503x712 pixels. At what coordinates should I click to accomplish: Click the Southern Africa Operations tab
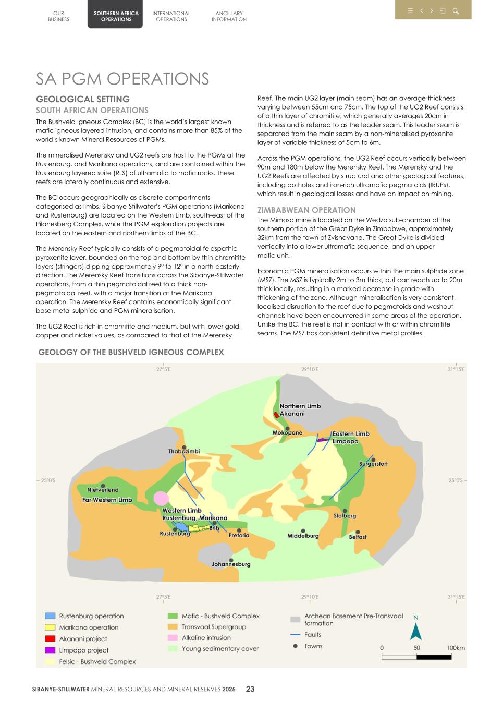coord(116,16)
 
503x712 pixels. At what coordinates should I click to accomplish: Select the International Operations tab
coord(171,16)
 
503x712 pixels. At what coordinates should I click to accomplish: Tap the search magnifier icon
coord(456,11)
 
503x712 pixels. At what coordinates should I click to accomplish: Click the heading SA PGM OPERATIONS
coord(122,79)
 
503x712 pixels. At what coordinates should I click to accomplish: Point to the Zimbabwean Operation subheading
coord(306,210)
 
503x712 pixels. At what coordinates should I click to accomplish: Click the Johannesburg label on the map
coord(231,564)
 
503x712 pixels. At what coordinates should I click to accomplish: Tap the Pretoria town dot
coord(239,530)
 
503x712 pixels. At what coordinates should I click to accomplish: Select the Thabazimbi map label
coord(183,451)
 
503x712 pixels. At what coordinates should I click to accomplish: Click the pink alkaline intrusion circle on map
coord(162,498)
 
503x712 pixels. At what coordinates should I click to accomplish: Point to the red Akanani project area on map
coord(276,415)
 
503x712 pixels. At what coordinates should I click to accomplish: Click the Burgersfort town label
coord(373,464)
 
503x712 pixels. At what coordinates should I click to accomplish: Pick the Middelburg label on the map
coord(303,536)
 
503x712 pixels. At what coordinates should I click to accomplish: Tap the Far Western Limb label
coord(107,500)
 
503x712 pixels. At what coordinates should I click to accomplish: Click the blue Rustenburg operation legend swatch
coord(50,616)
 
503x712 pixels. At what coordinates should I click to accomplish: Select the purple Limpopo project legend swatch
coord(50,650)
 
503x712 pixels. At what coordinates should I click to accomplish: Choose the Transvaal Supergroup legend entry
coord(214,627)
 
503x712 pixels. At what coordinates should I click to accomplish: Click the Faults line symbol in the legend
coord(295,635)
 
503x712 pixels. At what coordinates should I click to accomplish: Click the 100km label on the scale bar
coord(456,648)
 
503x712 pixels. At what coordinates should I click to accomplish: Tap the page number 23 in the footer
coord(250,689)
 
